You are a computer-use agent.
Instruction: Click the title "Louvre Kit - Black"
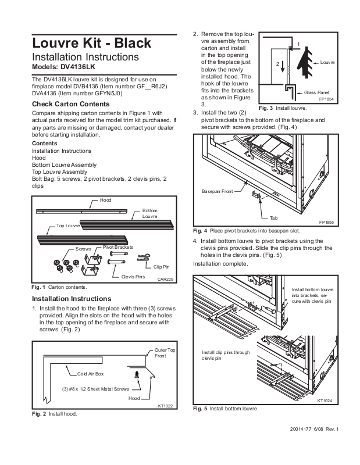point(91,42)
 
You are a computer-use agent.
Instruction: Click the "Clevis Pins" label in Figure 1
point(133,277)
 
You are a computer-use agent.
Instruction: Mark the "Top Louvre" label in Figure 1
point(68,225)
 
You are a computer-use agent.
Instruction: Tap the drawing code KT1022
point(167,406)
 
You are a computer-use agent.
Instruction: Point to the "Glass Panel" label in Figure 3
point(317,92)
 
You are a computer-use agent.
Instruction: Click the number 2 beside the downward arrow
point(278,63)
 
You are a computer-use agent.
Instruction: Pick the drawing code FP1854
point(327,99)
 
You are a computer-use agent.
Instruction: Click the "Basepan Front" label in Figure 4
point(217,191)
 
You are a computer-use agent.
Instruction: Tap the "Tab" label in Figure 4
point(274,218)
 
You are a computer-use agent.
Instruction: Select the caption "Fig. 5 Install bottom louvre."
point(226,409)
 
